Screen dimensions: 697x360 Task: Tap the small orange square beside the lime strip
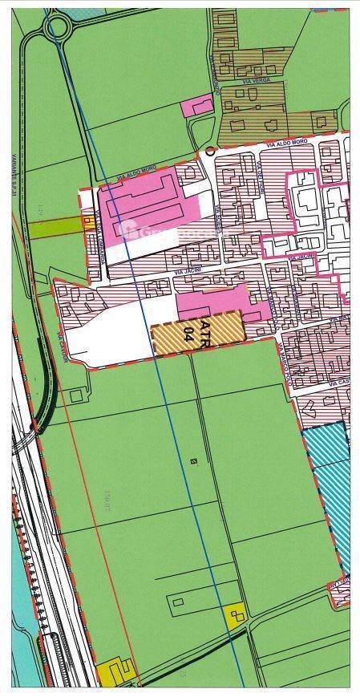[x=87, y=224]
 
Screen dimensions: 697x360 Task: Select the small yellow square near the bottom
[x=236, y=615]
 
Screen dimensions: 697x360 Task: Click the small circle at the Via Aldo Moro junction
[x=209, y=150]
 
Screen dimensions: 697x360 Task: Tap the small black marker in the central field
[x=193, y=460]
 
